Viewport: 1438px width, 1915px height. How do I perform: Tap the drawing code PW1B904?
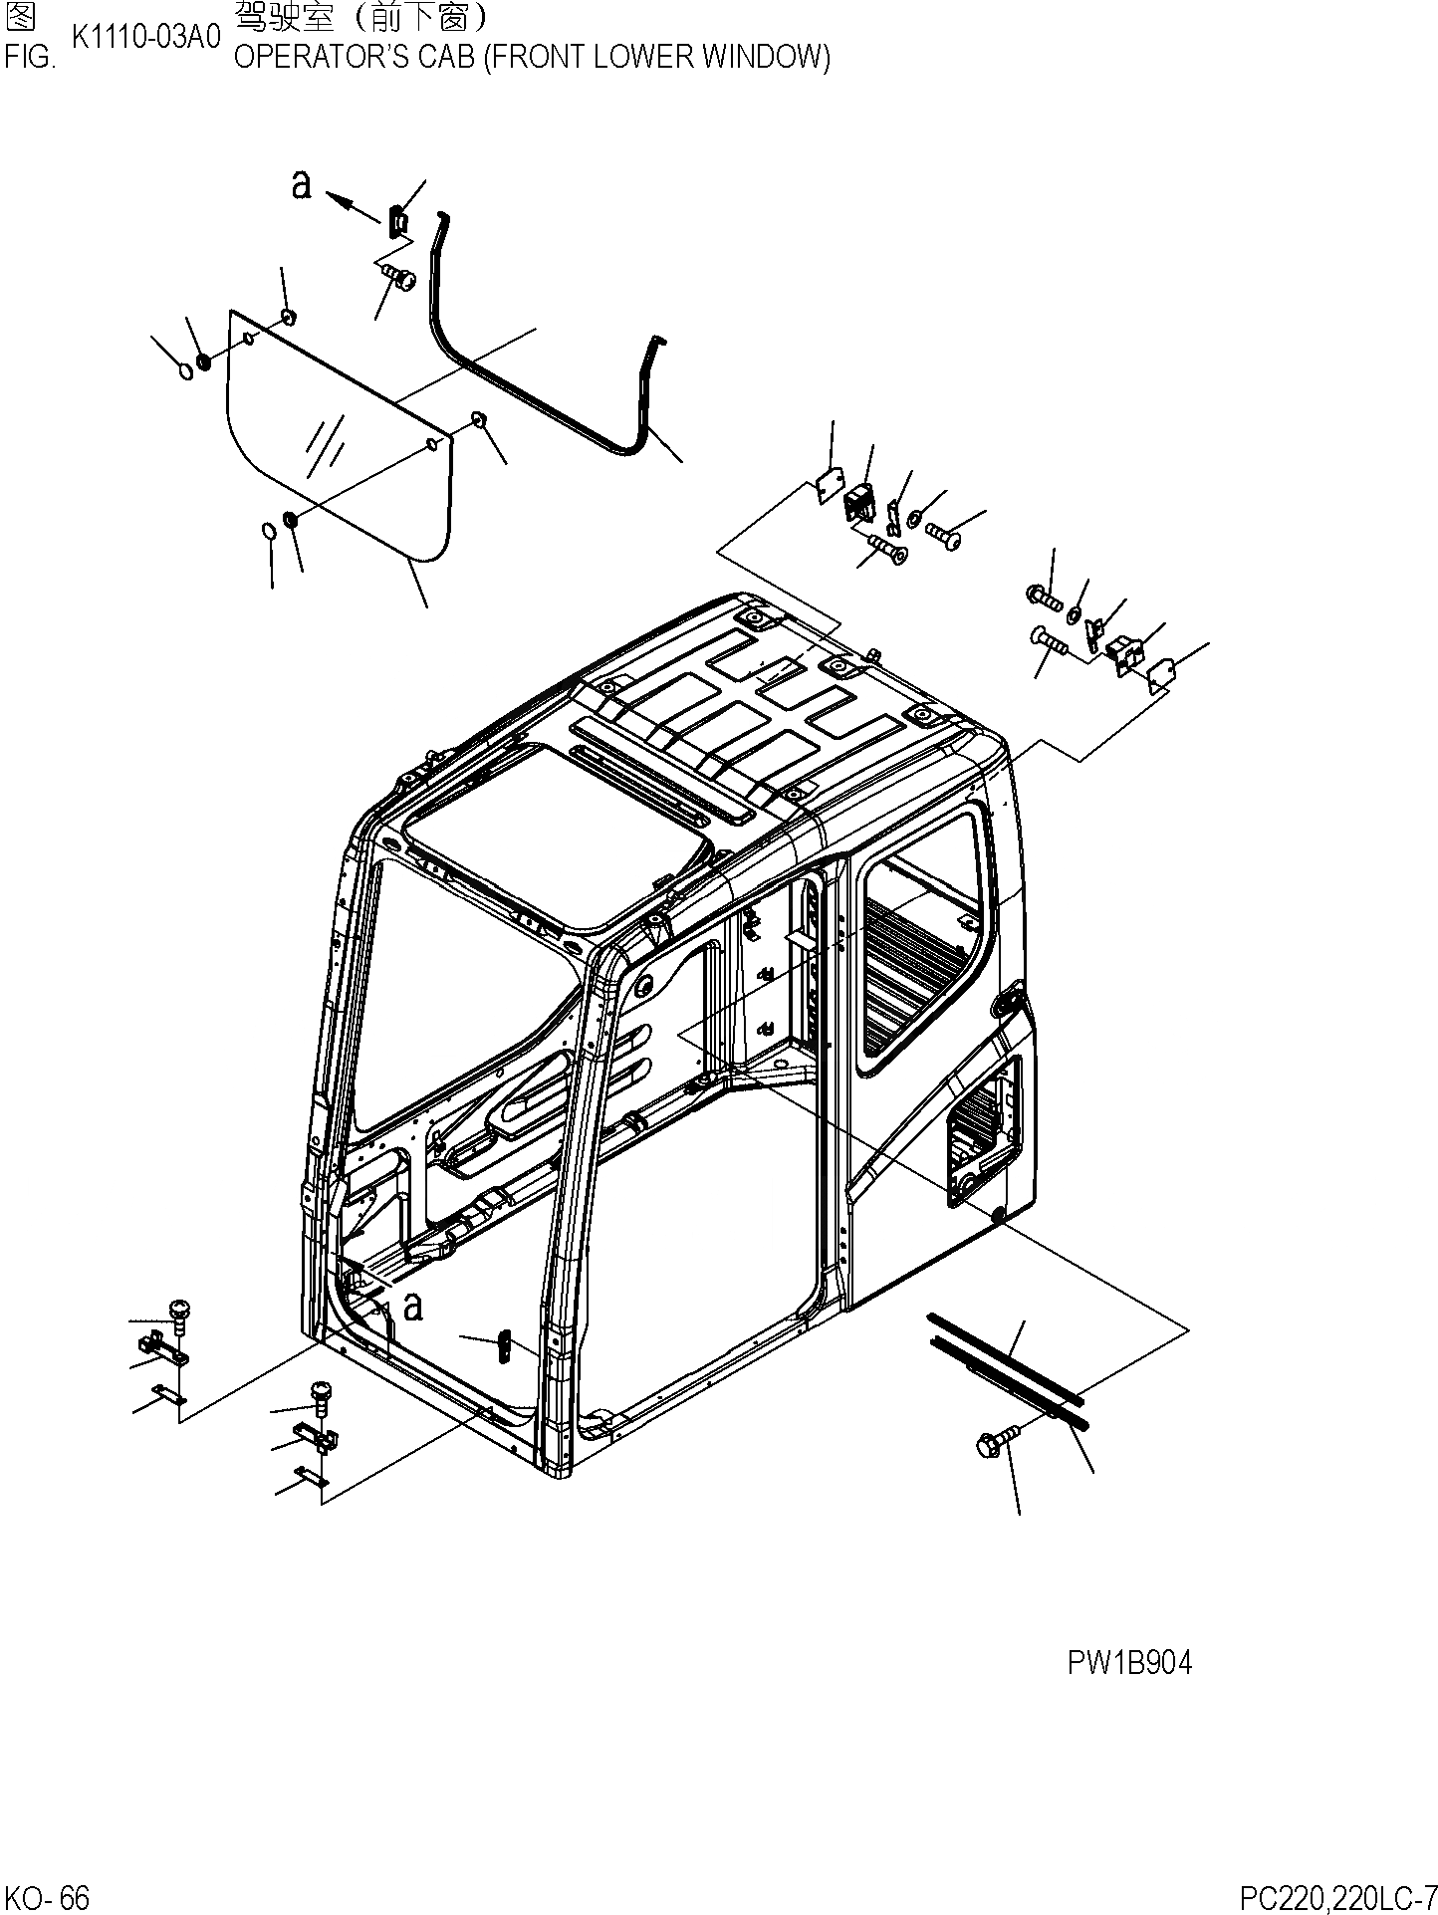[1128, 1662]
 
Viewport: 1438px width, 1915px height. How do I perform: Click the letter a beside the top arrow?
[301, 184]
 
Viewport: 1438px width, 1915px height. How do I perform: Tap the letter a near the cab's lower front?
[412, 1306]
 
